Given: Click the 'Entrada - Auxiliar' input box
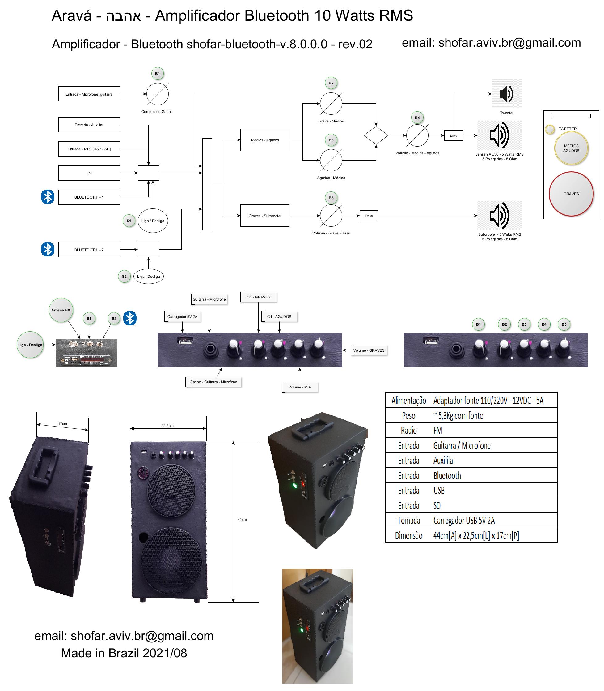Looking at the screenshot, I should point(89,125).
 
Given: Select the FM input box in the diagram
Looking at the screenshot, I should point(89,173).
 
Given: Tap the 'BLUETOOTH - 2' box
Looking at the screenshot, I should point(89,250).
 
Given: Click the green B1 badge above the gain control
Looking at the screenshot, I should point(157,74).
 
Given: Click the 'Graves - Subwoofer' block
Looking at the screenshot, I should point(265,216).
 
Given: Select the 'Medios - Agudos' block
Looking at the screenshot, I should point(265,140).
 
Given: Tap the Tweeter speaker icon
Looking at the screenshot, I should point(506,94).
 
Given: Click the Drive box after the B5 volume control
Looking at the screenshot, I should point(369,216).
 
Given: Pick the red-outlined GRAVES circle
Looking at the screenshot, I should point(571,194).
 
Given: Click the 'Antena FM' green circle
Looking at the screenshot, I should point(61,310).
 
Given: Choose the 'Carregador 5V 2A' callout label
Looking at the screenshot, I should point(182,317).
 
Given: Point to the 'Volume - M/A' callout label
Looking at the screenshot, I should point(300,387).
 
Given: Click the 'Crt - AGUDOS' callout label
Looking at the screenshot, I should point(279,317).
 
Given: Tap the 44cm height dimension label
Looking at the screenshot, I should point(242,519).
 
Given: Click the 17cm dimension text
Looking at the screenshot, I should point(62,424).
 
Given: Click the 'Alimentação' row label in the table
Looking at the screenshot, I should point(408,401).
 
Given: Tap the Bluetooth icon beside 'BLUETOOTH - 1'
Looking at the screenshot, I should point(48,197).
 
